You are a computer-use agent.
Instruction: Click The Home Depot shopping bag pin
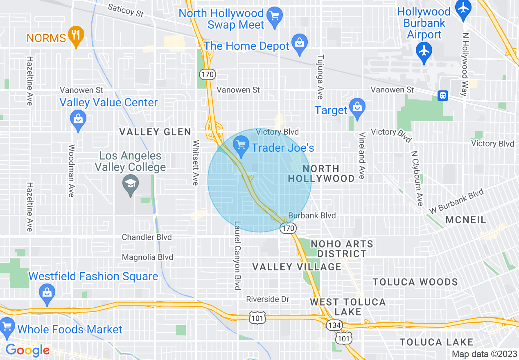300,43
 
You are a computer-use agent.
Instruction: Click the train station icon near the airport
442,96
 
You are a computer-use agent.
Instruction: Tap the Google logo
27,350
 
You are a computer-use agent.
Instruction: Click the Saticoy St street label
126,11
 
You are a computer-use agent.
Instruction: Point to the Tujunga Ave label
320,77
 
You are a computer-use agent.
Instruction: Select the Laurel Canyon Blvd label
237,256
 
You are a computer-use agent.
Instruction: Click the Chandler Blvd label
147,237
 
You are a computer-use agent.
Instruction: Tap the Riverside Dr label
268,299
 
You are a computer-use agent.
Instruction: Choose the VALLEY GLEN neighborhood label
155,132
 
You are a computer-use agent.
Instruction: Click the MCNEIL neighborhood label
466,220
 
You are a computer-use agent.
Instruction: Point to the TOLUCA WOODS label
415,282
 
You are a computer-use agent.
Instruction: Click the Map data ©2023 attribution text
484,354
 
